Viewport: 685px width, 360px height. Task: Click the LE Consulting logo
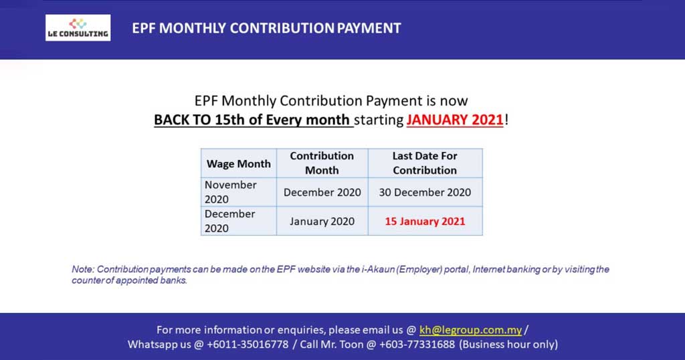[78, 28]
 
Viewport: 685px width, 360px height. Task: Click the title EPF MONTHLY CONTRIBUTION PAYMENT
[266, 28]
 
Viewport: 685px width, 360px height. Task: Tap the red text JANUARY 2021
[455, 120]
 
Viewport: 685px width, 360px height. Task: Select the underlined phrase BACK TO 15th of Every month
[254, 120]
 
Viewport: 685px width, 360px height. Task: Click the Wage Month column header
[239, 163]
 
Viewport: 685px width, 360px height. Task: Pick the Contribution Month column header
[322, 163]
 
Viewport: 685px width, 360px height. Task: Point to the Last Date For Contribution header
[425, 163]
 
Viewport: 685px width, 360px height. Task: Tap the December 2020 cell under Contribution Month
[322, 192]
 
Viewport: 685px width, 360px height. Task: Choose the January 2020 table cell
[322, 221]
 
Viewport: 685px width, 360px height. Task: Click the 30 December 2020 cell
[425, 192]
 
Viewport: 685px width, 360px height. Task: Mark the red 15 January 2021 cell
[425, 221]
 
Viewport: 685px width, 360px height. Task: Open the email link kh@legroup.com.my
[470, 330]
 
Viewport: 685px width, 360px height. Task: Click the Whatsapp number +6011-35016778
[248, 344]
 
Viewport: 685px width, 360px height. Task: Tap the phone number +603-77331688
[417, 344]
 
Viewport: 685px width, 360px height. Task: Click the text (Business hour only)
[508, 344]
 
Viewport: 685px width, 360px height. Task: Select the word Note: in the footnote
[83, 269]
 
